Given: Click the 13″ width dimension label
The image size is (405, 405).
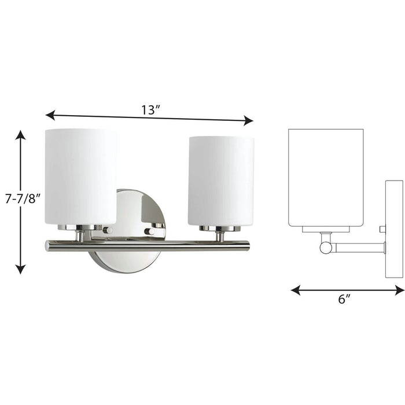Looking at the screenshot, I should (150, 109).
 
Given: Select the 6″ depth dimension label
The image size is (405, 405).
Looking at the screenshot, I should (344, 299).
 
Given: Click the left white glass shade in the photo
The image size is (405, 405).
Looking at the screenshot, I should (80, 176).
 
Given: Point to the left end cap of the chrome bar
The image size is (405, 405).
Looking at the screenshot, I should (47, 246).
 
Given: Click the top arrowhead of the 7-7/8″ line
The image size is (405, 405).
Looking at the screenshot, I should (21, 135).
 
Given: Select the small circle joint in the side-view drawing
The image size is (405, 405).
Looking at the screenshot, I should (326, 248).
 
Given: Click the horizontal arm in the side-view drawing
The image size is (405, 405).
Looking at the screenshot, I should (359, 248).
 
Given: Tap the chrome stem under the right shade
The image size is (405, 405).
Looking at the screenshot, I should (220, 236).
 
